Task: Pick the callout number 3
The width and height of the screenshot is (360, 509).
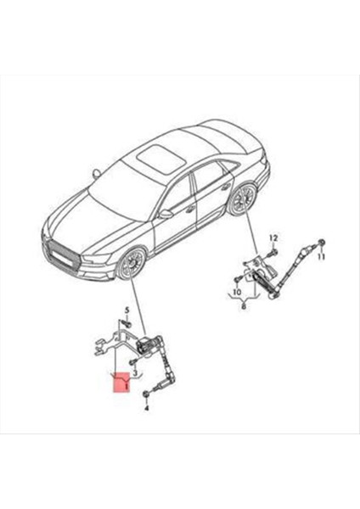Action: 133,372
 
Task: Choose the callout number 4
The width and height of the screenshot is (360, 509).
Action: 147,408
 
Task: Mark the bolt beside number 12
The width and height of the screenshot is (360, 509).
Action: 273,251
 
